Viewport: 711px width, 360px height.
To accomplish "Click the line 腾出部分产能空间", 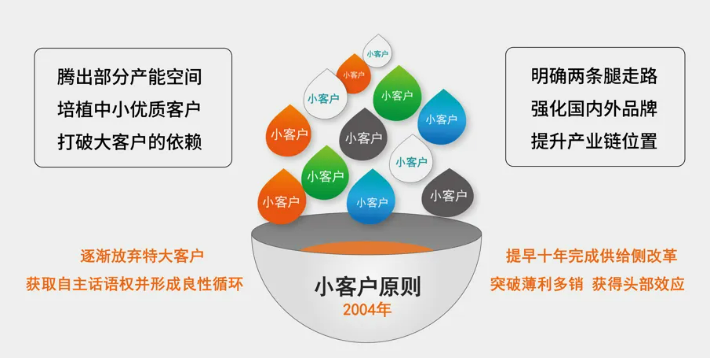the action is [x=130, y=77].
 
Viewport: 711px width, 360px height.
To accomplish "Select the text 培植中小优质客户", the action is [x=130, y=109].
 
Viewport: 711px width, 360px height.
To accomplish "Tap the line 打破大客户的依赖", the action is [x=130, y=142].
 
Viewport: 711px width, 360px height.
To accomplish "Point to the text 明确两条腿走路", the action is [x=594, y=76].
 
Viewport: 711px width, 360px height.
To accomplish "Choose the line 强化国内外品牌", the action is [x=594, y=109].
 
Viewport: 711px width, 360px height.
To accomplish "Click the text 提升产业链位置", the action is [x=594, y=141].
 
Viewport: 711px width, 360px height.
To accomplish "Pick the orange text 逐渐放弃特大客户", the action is [x=142, y=256].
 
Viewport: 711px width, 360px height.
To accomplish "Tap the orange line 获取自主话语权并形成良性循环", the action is [x=135, y=284].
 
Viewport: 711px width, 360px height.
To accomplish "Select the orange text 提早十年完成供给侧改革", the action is [x=592, y=256].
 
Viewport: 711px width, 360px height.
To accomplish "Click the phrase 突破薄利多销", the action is [x=536, y=284].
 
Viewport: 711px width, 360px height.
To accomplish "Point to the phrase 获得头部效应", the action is [x=638, y=284].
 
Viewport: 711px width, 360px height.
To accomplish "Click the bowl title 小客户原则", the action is [x=368, y=287].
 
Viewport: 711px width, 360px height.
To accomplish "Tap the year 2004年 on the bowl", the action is [x=367, y=309].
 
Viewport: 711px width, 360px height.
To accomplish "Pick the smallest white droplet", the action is [x=378, y=52].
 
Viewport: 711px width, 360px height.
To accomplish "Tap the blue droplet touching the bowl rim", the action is [x=371, y=199].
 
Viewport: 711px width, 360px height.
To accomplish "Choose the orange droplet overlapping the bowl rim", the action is [x=281, y=198].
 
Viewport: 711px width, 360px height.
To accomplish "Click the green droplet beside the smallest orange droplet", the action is [x=397, y=95].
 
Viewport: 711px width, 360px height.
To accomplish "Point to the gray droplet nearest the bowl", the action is [x=448, y=194].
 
